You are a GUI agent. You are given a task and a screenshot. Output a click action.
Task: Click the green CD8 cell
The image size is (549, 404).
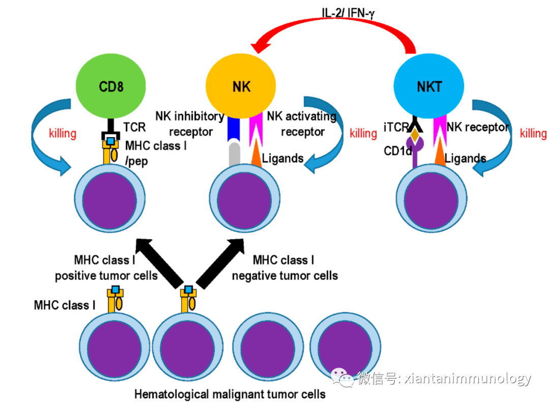pyautogui.click(x=110, y=87)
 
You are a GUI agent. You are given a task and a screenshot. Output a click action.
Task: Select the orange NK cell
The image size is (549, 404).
pyautogui.click(x=241, y=87)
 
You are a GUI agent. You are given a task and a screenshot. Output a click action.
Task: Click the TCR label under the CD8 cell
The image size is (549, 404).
pyautogui.click(x=134, y=127)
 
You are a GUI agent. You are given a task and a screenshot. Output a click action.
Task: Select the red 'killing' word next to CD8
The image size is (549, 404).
pyautogui.click(x=63, y=133)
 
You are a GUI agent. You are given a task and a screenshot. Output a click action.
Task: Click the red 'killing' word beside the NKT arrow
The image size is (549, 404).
pyautogui.click(x=533, y=133)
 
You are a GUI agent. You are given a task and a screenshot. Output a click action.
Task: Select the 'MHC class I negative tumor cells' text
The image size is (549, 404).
pyautogui.click(x=285, y=268)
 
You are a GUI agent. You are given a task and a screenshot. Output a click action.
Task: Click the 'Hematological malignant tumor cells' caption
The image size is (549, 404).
pyautogui.click(x=230, y=394)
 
